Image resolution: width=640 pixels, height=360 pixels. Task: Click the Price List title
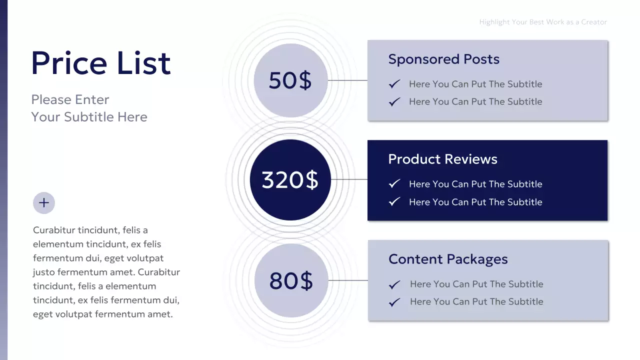point(101,63)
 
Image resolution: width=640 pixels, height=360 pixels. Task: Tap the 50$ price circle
point(290,80)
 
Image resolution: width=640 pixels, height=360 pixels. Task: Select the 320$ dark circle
point(290,180)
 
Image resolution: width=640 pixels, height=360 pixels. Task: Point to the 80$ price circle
point(291,280)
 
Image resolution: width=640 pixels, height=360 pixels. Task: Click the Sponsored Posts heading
point(443,59)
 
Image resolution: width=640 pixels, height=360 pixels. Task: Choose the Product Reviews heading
point(442,159)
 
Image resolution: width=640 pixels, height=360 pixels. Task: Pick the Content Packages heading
point(448,259)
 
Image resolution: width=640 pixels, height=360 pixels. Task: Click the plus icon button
point(44,203)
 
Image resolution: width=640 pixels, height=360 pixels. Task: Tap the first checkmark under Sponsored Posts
point(394,84)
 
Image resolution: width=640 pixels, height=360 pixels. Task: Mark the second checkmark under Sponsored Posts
point(394,101)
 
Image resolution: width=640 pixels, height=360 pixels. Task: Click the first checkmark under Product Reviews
point(394,184)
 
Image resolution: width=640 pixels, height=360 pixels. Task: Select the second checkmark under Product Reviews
point(394,202)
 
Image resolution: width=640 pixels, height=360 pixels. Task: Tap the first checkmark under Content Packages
point(394,284)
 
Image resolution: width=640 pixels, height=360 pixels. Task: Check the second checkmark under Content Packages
point(394,302)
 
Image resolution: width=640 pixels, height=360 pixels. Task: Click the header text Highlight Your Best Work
point(543,22)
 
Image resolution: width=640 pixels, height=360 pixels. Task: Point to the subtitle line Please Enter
point(70,99)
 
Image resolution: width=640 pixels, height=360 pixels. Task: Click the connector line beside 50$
point(347,80)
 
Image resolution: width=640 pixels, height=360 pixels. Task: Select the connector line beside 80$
point(348,280)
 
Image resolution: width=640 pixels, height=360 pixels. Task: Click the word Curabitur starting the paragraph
point(53,230)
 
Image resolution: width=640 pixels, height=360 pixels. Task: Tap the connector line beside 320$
point(349,179)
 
